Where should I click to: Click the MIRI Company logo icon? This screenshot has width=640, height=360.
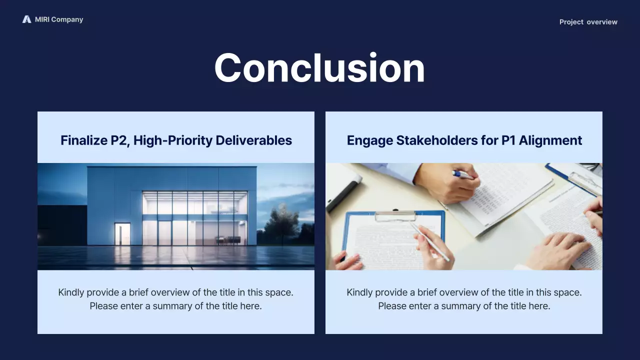(x=26, y=19)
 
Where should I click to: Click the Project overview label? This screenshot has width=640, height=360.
(x=588, y=22)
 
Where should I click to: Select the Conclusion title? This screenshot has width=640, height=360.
(x=319, y=68)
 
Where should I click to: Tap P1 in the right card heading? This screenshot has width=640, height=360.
(x=508, y=140)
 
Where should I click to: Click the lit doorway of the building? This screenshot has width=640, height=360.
(x=122, y=233)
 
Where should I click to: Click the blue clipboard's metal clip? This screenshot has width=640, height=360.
(x=395, y=215)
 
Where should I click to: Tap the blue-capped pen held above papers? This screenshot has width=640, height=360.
(x=462, y=174)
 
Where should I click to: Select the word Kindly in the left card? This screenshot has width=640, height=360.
(x=71, y=292)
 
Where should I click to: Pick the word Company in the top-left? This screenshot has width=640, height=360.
(x=67, y=19)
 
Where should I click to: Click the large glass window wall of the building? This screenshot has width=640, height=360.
(x=194, y=218)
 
